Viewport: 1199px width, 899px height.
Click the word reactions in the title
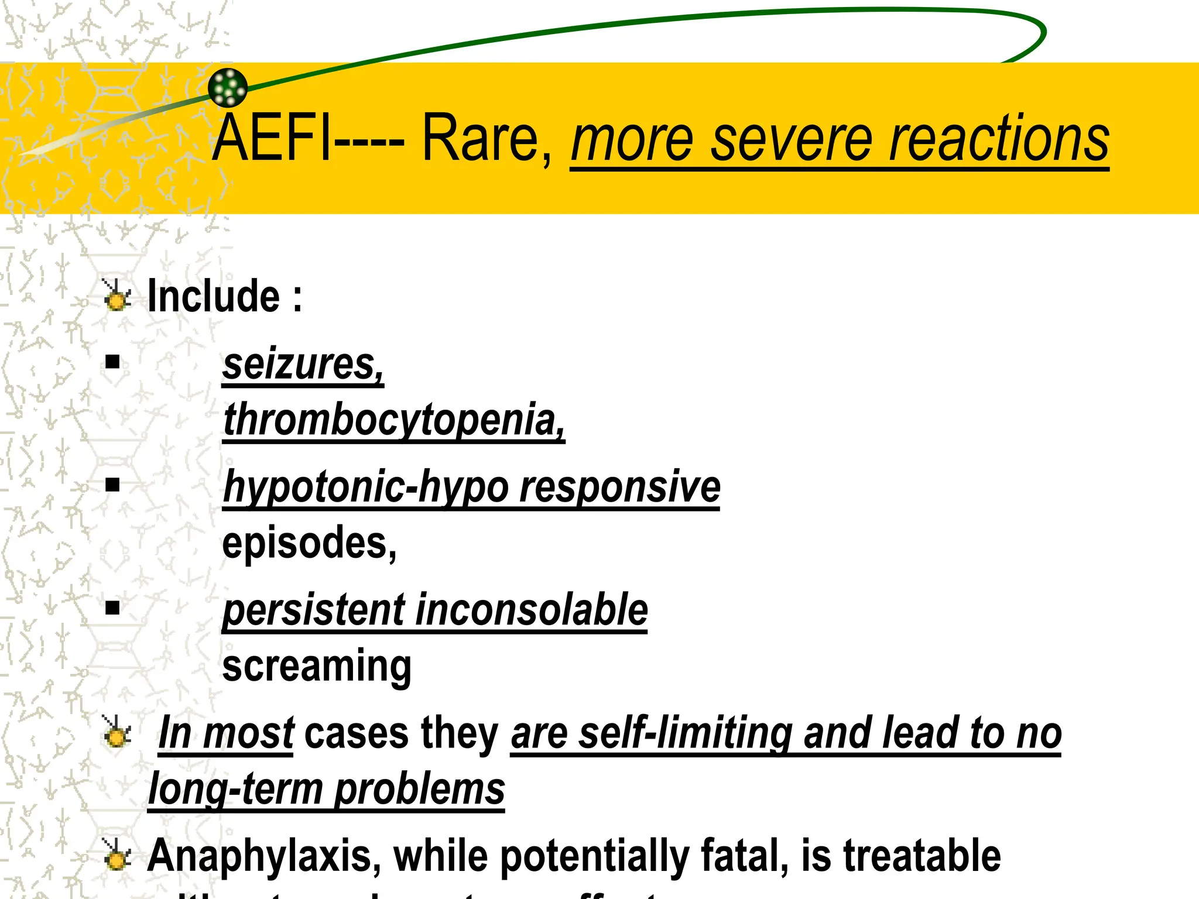pyautogui.click(x=999, y=140)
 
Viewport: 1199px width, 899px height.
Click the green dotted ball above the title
pyautogui.click(x=228, y=88)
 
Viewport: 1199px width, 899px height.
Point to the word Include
pyautogui.click(x=214, y=296)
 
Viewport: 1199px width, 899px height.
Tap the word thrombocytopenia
pyautogui.click(x=393, y=420)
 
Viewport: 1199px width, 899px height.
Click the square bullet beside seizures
pyautogui.click(x=112, y=362)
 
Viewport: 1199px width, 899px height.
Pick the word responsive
pyautogui.click(x=620, y=487)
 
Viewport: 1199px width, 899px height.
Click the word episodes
pyautogui.click(x=309, y=543)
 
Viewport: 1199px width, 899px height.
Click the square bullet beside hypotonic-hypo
pyautogui.click(x=112, y=485)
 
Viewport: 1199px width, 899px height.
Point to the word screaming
pyautogui.click(x=317, y=666)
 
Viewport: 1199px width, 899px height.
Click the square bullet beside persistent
pyautogui.click(x=112, y=608)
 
